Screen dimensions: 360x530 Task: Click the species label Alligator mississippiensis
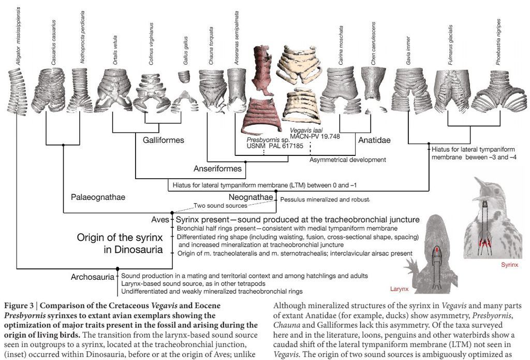[19, 34]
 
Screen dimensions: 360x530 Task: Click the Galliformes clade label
[163, 140]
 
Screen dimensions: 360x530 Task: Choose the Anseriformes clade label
[217, 168]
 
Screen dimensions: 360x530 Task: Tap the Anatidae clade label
[374, 140]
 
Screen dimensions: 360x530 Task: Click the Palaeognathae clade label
[98, 197]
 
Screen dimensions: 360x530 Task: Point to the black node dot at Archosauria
[117, 268]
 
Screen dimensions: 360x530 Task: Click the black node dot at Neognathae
[276, 192]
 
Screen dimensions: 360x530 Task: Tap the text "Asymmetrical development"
[347, 160]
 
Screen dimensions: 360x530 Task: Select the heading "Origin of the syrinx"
[120, 238]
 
